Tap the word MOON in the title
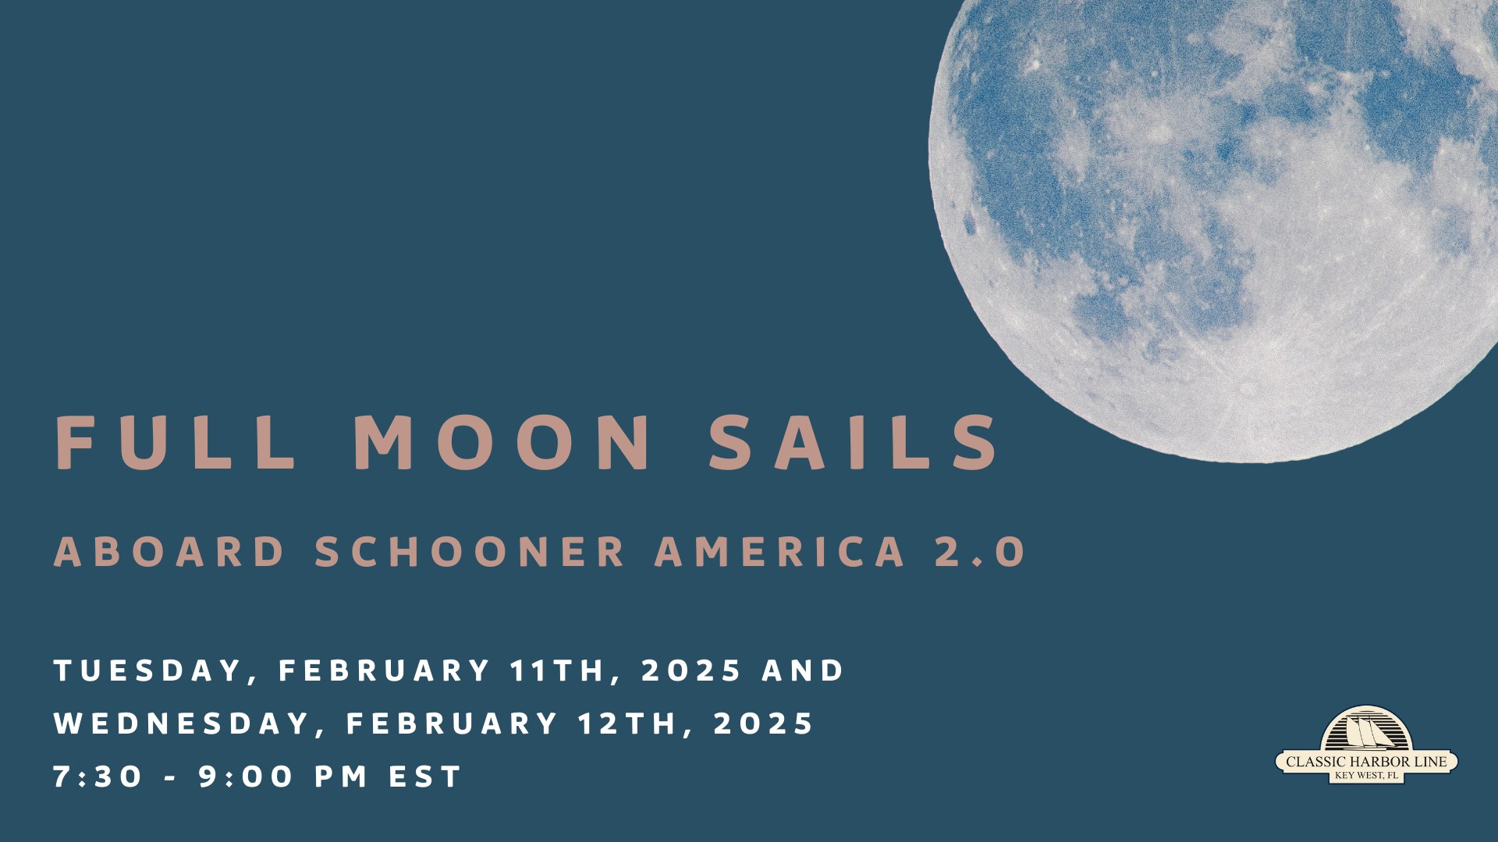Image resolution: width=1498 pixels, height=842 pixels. point(502,442)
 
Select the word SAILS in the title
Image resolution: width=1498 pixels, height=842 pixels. point(852,442)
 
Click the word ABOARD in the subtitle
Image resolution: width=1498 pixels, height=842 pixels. point(169,552)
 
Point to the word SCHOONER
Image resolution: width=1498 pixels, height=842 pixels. point(470,552)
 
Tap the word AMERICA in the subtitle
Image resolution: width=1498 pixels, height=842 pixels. point(780,552)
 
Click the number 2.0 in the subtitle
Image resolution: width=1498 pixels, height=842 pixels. point(979,552)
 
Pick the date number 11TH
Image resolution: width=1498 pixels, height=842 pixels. point(557,671)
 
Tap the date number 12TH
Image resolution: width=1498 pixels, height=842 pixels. point(627,724)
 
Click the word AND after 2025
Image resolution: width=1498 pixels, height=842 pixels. point(803,670)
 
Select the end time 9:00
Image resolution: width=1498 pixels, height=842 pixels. point(245,777)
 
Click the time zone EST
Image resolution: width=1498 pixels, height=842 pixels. point(425,777)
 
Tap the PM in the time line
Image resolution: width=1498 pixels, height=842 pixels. point(341,777)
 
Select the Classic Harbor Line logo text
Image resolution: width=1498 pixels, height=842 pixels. point(1366,762)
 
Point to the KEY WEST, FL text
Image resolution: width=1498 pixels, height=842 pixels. point(1366,776)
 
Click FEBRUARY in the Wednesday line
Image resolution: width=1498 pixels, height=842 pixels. point(452,724)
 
